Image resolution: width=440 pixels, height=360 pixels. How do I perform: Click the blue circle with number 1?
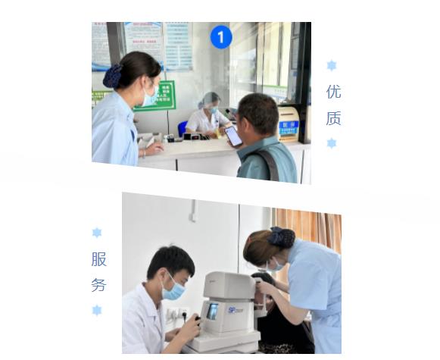coord(220,36)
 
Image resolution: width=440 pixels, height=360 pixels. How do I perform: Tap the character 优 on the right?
coord(333,92)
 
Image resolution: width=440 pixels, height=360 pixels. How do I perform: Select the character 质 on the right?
coord(333,118)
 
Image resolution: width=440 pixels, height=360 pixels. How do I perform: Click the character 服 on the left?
coord(98,259)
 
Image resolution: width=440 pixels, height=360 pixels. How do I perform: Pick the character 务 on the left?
coord(98,286)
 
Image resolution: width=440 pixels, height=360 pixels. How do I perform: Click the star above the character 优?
coord(332,66)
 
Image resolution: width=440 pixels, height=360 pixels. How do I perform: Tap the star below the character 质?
coord(332,143)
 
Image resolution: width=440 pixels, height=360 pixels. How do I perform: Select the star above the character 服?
coord(97,233)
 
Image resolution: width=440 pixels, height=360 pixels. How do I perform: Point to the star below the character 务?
coord(97,310)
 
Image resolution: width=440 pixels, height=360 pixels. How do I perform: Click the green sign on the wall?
coord(157,95)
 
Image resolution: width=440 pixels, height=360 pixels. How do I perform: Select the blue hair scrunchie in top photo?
coord(113,75)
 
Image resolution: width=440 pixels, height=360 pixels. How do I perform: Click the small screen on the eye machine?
coord(213,311)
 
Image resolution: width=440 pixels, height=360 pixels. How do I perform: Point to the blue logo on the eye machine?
coord(236,309)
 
